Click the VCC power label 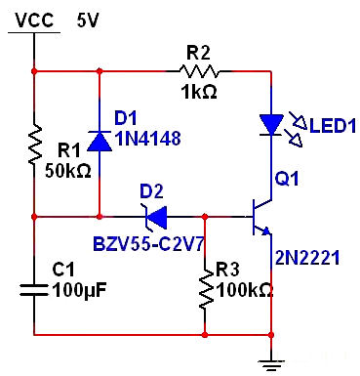pyautogui.click(x=32, y=20)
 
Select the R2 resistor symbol pyautogui.click(x=201, y=69)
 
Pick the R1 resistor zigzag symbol pyautogui.click(x=34, y=144)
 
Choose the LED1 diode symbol pyautogui.click(x=270, y=124)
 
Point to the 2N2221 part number pyautogui.click(x=305, y=259)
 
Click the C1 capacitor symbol pyautogui.click(x=34, y=289)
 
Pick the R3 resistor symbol pyautogui.click(x=206, y=289)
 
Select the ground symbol pyautogui.click(x=270, y=363)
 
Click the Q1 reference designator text pyautogui.click(x=288, y=179)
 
